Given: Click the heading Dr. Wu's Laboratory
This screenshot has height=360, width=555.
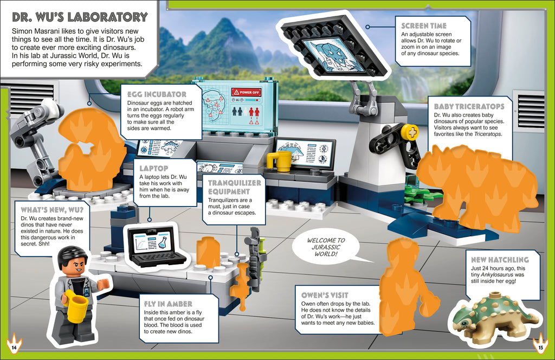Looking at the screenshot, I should pyautogui.click(x=79, y=17).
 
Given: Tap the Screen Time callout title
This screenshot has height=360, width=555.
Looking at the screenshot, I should pyautogui.click(x=424, y=25).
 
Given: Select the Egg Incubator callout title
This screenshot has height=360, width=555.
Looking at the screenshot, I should pyautogui.click(x=156, y=94).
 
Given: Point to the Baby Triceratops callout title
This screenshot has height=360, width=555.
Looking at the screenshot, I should pyautogui.click(x=469, y=107).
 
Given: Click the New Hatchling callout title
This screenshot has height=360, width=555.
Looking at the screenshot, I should pyautogui.click(x=500, y=260).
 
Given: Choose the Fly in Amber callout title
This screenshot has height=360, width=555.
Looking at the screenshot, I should pyautogui.click(x=167, y=304).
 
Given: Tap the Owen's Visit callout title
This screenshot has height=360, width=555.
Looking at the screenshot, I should pyautogui.click(x=325, y=295).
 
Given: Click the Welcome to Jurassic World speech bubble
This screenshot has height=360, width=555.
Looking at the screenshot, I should pyautogui.click(x=326, y=247).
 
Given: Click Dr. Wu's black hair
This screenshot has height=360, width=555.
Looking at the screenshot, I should pyautogui.click(x=72, y=254).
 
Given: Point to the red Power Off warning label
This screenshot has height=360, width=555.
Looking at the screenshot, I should pyautogui.click(x=246, y=92).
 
